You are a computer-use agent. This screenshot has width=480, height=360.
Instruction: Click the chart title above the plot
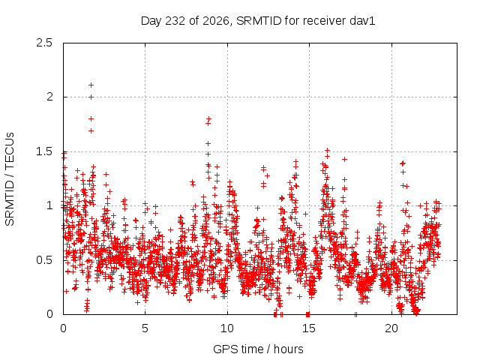click(258, 21)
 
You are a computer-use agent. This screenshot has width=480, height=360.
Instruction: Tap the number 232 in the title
click(175, 21)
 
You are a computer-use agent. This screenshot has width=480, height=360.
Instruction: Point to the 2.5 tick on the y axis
click(44, 43)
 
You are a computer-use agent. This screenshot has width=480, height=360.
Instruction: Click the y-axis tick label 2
click(49, 97)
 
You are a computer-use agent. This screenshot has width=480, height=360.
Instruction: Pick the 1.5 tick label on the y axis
click(44, 151)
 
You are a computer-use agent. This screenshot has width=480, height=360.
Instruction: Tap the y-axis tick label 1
click(50, 205)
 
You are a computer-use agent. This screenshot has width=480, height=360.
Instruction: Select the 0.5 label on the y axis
click(44, 260)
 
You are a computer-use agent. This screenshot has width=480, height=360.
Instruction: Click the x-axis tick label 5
click(145, 328)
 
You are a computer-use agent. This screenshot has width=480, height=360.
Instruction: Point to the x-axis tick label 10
click(227, 328)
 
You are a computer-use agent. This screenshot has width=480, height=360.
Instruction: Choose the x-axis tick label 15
click(309, 328)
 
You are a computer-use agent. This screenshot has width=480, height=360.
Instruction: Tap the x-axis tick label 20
click(391, 328)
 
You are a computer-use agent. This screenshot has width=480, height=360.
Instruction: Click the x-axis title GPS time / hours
click(258, 349)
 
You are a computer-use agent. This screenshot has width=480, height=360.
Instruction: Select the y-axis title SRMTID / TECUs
click(10, 179)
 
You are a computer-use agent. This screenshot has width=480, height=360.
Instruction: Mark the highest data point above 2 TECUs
click(91, 85)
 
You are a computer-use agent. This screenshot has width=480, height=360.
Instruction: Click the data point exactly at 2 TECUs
click(91, 97)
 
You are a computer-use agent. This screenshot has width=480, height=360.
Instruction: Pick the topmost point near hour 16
click(327, 150)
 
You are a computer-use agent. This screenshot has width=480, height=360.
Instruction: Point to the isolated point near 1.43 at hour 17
click(344, 159)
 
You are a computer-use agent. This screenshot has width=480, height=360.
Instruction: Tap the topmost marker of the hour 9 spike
click(208, 118)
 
